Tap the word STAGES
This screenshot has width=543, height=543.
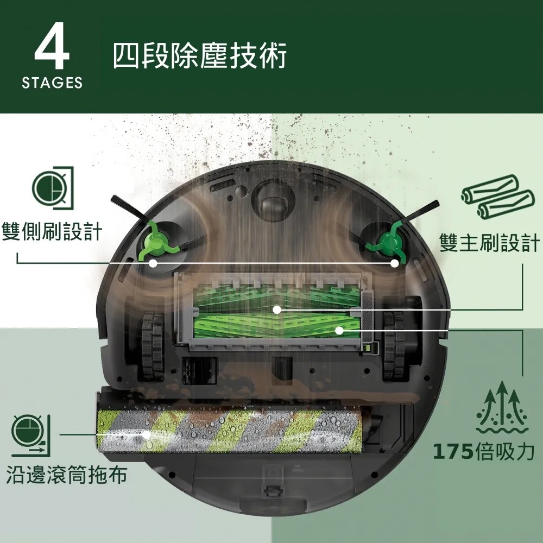click(x=52, y=83)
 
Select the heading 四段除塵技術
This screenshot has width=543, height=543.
click(x=200, y=55)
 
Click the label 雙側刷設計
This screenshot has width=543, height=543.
click(x=52, y=231)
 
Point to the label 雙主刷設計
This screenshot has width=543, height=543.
click(x=490, y=242)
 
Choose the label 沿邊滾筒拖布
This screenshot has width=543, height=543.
click(x=67, y=475)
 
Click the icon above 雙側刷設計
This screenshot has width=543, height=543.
click(x=53, y=188)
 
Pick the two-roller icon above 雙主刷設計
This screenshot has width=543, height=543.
click(x=497, y=197)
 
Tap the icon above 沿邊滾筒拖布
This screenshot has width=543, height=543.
click(x=31, y=435)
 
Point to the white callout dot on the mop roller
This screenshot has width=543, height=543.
click(x=147, y=434)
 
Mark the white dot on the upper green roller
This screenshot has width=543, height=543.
click(x=277, y=310)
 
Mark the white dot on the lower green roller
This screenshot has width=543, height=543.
click(x=339, y=330)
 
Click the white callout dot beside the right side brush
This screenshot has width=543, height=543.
click(x=394, y=263)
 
